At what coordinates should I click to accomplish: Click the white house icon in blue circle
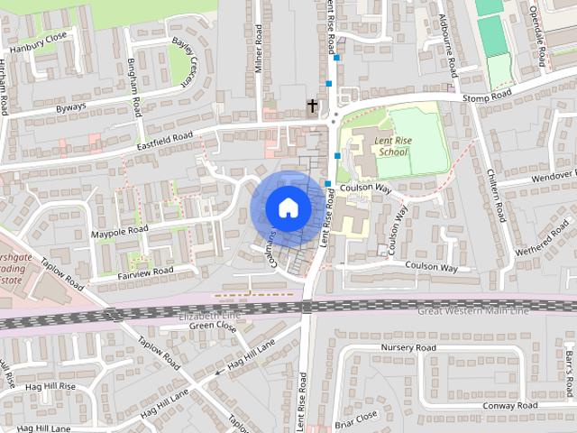click(288, 208)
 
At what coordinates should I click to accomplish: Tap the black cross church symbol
click(313, 106)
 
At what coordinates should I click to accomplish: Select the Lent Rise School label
click(393, 145)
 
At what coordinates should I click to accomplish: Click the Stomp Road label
click(486, 95)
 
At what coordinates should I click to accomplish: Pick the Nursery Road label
click(408, 347)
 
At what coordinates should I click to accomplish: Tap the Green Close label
click(212, 327)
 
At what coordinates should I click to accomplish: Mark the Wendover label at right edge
click(554, 174)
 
